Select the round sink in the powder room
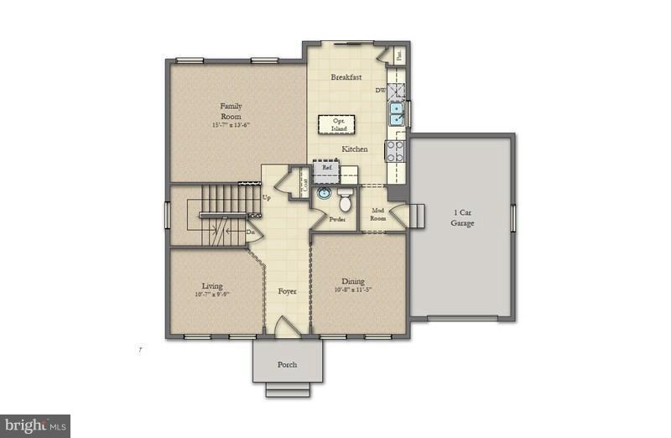323,193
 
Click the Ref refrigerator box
328,168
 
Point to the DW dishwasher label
381,90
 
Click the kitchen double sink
396,112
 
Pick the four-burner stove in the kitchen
395,151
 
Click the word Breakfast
346,77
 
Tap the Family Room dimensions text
231,125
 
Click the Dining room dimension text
352,290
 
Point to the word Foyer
287,291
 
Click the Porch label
287,365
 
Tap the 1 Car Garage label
462,218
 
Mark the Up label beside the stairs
267,198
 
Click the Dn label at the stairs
250,232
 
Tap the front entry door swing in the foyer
283,326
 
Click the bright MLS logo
35,425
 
